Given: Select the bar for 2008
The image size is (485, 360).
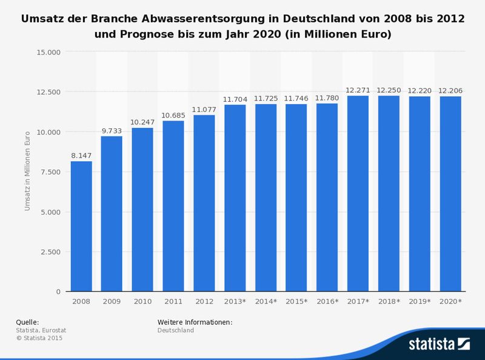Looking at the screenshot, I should coord(81,226).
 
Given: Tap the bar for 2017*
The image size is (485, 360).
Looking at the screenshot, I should coord(358,193).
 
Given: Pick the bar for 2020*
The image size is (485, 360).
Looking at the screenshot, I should coord(450,194).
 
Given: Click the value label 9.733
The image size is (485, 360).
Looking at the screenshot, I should coord(112,130).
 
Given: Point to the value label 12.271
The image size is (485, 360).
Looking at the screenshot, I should coord(358,90).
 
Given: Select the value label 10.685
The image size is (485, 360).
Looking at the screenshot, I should coord(173,115).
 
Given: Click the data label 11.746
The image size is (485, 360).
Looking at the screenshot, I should coord(296,98).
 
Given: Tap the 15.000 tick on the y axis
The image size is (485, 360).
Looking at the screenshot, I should coord(48,52).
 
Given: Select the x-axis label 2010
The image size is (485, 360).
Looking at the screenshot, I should coord(142,301).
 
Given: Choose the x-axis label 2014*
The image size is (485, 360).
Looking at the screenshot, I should coord(266,301).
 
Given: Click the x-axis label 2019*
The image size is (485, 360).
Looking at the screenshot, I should coord(420,301).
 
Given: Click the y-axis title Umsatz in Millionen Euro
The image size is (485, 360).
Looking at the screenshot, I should coord(27,172).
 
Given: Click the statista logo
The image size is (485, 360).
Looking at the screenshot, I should coord(439,344).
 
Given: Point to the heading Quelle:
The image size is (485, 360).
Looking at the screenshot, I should coord(27,322).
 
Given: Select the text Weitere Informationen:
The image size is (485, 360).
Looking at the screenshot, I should coord(195,322).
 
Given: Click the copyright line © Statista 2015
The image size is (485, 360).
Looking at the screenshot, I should coord(39,338).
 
